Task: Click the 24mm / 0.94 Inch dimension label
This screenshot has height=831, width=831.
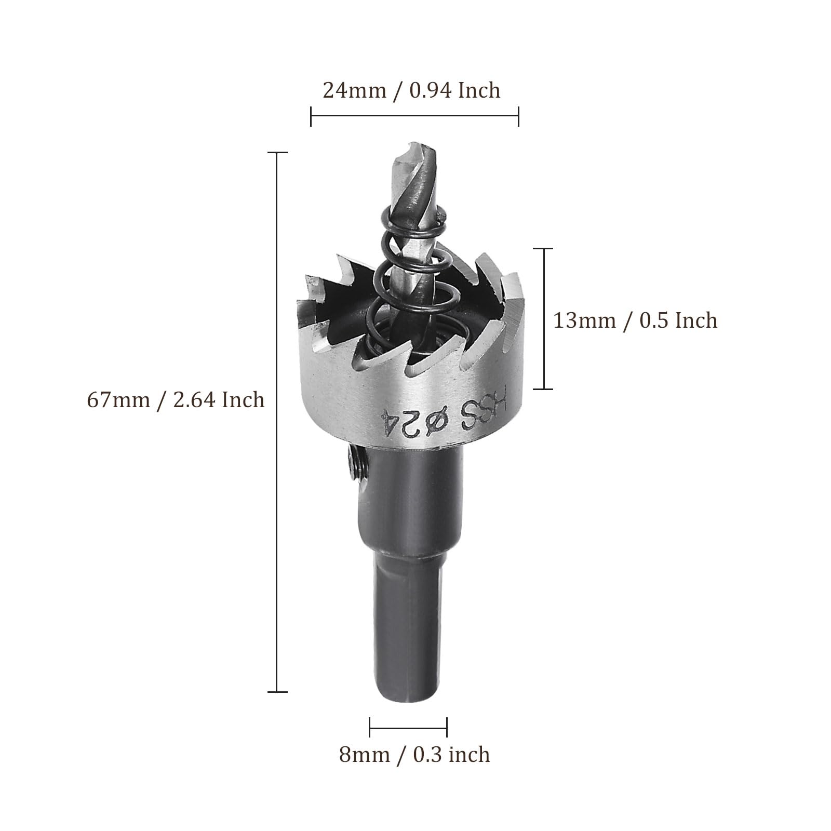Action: pos(411,90)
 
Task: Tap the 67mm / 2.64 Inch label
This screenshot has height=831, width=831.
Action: pos(176,400)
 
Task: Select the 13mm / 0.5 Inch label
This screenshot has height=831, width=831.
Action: pos(635,320)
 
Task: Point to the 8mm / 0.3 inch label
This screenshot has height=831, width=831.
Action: pos(414,755)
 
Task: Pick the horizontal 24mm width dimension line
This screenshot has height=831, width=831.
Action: pos(414,116)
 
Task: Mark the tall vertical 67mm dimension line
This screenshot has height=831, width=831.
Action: pos(277,422)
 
